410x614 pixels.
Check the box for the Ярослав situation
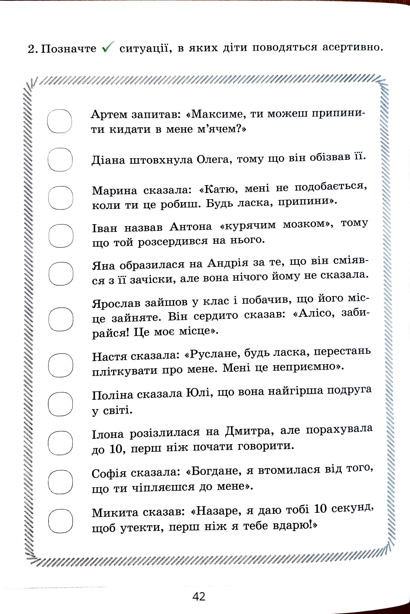pyautogui.click(x=61, y=319)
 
